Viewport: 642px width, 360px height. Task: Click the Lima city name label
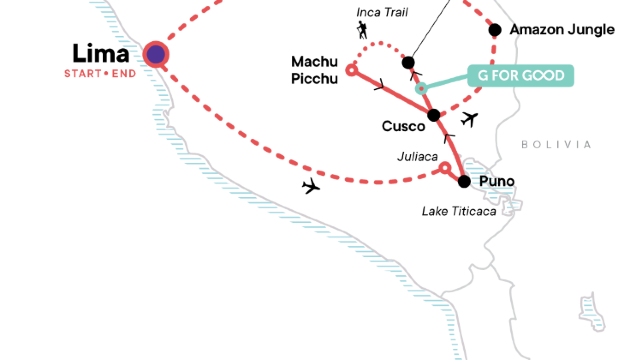pyautogui.click(x=100, y=53)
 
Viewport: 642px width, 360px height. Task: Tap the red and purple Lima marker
pyautogui.click(x=156, y=54)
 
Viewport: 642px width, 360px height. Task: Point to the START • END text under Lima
pyautogui.click(x=100, y=73)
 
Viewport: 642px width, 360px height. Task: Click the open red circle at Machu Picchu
pyautogui.click(x=351, y=69)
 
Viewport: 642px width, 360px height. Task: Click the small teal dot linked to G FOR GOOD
pyautogui.click(x=422, y=88)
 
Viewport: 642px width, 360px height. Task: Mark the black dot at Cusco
pyautogui.click(x=433, y=116)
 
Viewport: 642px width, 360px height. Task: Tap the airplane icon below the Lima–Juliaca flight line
pyautogui.click(x=311, y=186)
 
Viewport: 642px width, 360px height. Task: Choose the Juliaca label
pyautogui.click(x=413, y=157)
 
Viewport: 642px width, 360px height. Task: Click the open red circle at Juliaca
pyautogui.click(x=445, y=169)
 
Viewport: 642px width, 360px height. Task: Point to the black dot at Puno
pyautogui.click(x=463, y=181)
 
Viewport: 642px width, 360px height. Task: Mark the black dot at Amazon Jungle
pyautogui.click(x=494, y=30)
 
